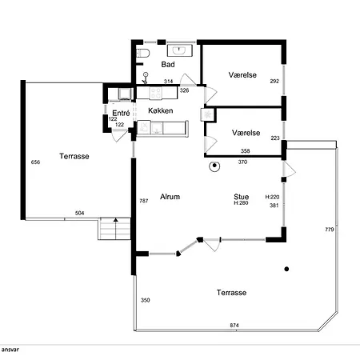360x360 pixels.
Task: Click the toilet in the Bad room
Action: click(141, 53)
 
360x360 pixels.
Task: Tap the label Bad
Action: click(168, 64)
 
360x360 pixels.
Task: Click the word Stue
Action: click(241, 195)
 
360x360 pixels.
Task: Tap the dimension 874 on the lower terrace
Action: click(234, 325)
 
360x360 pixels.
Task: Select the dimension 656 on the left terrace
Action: click(35, 162)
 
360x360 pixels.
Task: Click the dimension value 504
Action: click(80, 214)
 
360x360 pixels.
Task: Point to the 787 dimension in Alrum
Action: click(144, 201)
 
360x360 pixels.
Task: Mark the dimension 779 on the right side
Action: click(329, 230)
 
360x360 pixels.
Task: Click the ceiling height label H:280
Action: click(241, 203)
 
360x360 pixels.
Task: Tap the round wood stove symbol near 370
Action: click(214, 167)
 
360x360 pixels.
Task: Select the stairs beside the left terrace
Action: click(113, 230)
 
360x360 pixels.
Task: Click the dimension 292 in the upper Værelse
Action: click(274, 81)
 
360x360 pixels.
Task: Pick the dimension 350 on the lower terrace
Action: click(145, 300)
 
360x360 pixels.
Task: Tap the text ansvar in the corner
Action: click(10, 350)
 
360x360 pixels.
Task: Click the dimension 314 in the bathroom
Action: click(168, 82)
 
